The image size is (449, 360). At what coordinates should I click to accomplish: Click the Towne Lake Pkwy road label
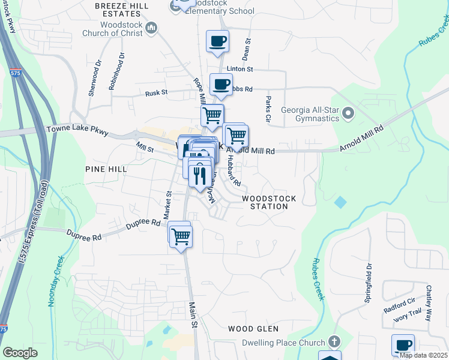tap(73, 129)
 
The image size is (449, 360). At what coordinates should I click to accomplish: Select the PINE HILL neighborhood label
tap(106, 169)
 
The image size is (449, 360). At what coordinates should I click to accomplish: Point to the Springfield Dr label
tap(369, 282)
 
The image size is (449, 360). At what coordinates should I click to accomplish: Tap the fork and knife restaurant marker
tap(198, 175)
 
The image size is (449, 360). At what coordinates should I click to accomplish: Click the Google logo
tap(20, 353)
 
